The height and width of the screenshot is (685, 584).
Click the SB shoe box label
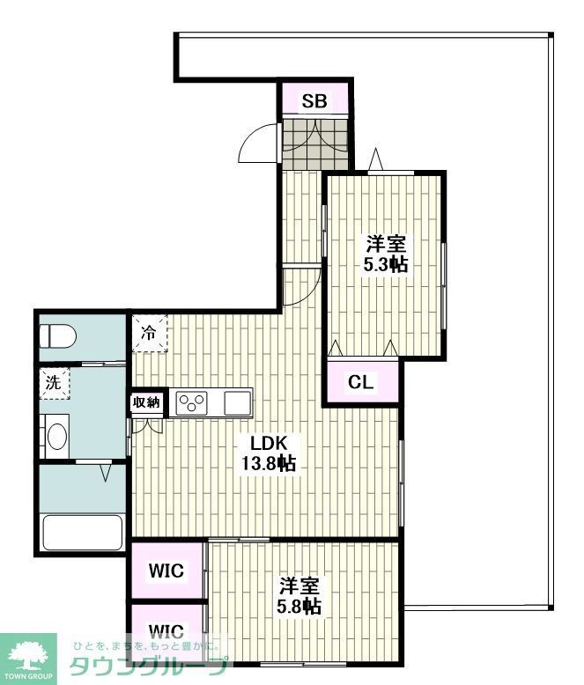click(314, 101)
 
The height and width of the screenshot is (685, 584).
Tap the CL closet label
click(360, 383)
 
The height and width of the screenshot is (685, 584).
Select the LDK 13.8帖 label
click(269, 453)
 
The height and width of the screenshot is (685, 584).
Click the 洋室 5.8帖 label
click(299, 596)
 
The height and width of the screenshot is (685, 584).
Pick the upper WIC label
click(166, 571)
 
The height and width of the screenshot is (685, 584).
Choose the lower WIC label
click(166, 630)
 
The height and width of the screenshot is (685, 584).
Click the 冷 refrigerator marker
click(149, 335)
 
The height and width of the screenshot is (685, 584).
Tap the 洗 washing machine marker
click(53, 383)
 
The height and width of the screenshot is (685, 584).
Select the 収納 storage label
click(146, 402)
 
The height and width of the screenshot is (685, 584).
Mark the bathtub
click(83, 531)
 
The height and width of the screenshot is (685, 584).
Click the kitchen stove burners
click(193, 403)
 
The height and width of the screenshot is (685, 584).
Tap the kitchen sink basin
click(238, 403)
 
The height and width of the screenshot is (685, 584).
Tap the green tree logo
click(28, 653)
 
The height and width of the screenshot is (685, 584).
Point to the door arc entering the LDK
click(304, 286)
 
